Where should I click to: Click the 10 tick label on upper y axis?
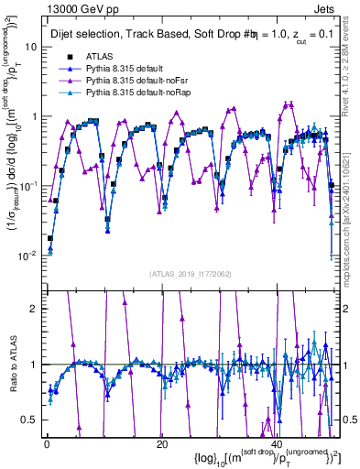tap(29, 47)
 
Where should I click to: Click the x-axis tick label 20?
tap(161, 443)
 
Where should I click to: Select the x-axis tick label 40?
tap(276, 443)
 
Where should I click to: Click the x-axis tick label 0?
tap(47, 443)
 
